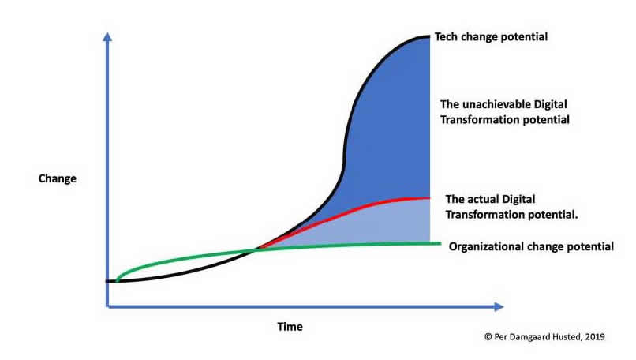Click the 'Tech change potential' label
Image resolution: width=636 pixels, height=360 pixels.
[491, 37]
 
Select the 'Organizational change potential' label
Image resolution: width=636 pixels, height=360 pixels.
[531, 247]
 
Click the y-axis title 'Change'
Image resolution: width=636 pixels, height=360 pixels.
[57, 178]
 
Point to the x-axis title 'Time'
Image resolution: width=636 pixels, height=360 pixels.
[290, 327]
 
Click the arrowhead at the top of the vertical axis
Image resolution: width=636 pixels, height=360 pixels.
[107, 36]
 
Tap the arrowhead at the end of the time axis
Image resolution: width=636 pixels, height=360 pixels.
[499, 307]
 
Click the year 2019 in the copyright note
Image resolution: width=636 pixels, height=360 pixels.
[595, 337]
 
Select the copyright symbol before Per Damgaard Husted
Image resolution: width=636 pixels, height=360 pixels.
[488, 337]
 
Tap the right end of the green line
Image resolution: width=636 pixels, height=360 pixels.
[440, 243]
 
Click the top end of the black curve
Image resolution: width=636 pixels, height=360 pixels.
[429, 36]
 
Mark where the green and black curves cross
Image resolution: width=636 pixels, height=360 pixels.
[255, 250]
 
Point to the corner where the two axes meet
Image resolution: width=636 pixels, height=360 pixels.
[107, 307]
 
